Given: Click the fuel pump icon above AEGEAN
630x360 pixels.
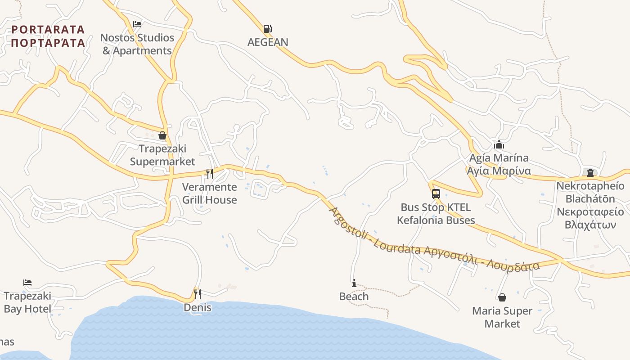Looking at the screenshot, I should click(267, 29).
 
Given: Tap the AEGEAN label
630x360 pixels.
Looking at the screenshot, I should click(268, 42).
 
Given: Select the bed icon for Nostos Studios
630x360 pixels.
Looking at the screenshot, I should click(137, 24).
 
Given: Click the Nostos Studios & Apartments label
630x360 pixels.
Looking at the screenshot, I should click(137, 44).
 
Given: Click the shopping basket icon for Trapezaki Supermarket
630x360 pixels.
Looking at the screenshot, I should click(162, 135).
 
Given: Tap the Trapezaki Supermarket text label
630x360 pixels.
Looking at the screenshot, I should click(162, 155).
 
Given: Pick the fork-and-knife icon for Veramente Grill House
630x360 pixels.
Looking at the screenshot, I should click(209, 173).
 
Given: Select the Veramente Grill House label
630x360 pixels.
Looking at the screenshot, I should click(209, 193).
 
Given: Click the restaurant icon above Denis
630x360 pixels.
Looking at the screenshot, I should click(197, 294).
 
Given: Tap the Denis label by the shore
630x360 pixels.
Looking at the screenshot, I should click(197, 308).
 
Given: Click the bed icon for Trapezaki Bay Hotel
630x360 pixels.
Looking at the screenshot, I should click(27, 283).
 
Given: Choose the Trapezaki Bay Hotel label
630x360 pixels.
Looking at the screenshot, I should click(27, 302).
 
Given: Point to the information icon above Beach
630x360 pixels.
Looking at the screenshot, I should click(354, 283).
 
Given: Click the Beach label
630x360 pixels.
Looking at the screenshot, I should click(354, 297).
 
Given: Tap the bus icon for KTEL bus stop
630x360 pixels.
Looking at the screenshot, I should click(436, 194).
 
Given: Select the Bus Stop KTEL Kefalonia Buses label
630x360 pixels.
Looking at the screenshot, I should click(436, 214).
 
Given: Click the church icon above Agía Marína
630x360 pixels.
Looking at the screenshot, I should click(499, 145).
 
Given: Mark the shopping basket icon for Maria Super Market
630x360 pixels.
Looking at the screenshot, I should click(502, 297).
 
